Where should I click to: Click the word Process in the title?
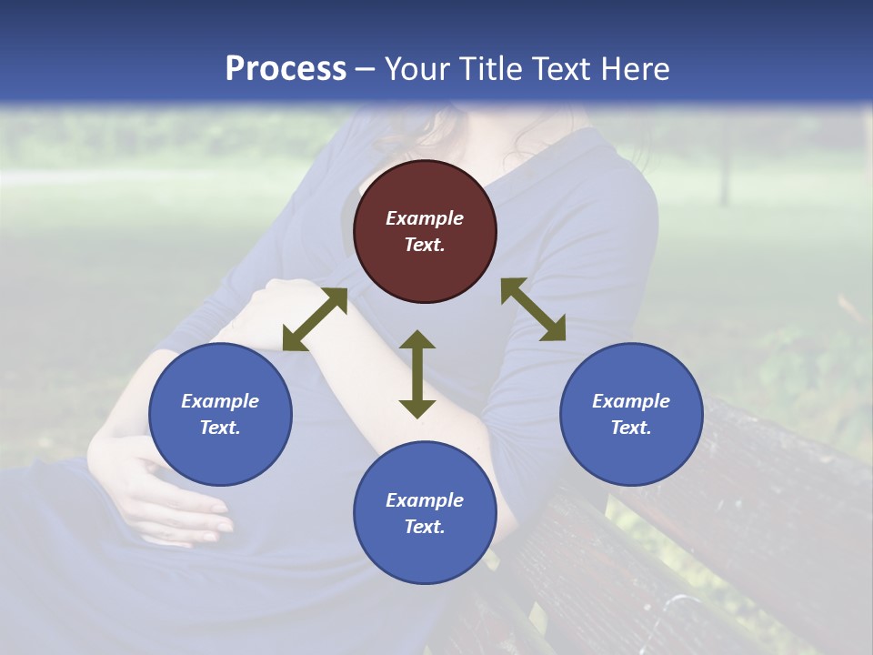286,69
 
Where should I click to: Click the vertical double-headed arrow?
417,374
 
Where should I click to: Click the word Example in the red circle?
425,218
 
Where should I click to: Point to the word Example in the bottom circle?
425,500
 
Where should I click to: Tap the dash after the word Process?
366,69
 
